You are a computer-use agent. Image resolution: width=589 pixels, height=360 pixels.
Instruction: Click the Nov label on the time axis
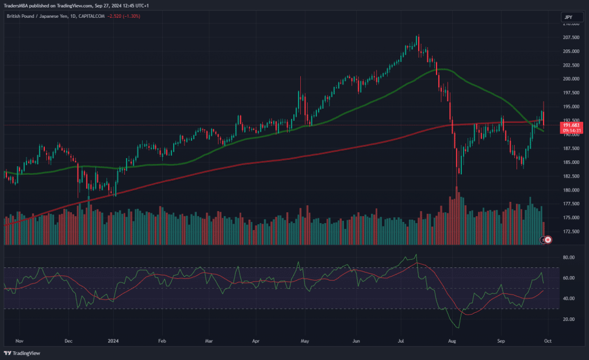(18, 341)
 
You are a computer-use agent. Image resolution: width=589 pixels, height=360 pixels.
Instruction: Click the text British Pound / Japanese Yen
(35, 16)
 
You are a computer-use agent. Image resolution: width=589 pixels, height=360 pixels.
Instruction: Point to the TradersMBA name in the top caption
(17, 5)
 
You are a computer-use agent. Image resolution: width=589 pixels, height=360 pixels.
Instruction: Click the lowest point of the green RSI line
(458, 327)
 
